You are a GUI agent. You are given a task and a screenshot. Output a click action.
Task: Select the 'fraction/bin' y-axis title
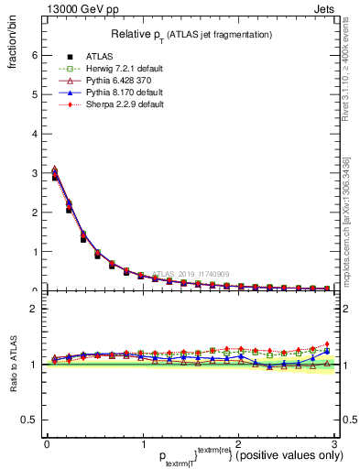point(12,56)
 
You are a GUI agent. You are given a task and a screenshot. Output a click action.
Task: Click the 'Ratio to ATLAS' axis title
point(12,364)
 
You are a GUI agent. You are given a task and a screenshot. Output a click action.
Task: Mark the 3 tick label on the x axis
point(334,444)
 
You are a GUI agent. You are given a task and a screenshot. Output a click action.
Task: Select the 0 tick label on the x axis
point(47,444)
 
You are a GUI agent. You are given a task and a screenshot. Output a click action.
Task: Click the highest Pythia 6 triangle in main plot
point(54,169)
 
